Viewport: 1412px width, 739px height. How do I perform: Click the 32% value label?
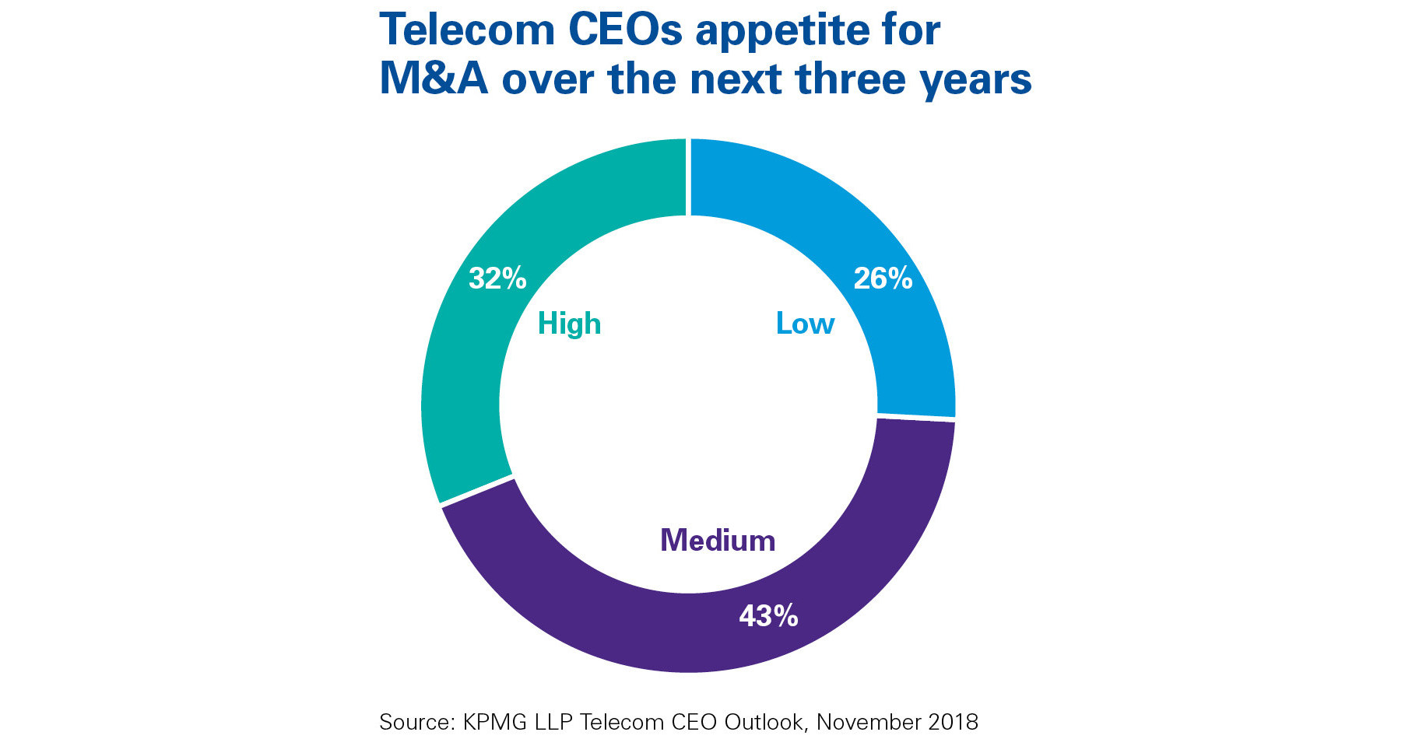(x=497, y=278)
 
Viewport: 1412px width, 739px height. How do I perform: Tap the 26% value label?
(x=883, y=278)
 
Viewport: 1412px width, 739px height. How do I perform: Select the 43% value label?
(x=768, y=616)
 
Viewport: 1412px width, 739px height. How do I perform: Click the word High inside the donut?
(x=569, y=324)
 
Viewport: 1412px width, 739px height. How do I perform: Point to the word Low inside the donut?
(x=805, y=324)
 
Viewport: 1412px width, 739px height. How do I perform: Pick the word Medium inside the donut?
(x=718, y=540)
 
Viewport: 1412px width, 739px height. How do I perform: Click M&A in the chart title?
(x=433, y=79)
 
